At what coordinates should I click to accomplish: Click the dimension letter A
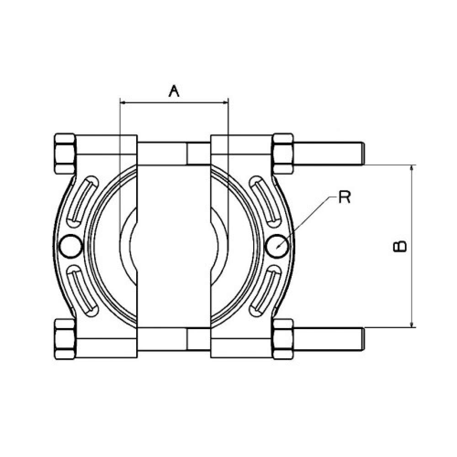coord(174,91)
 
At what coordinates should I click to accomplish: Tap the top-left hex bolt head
coord(65,154)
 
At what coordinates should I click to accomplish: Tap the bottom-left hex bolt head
coord(65,339)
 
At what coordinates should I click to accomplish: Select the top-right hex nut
coord(283,154)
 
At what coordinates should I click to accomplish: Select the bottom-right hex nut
coord(283,339)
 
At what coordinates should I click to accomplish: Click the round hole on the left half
coord(71,246)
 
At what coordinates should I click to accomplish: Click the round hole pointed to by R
coord(278,246)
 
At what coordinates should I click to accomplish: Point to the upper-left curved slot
coord(82,202)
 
